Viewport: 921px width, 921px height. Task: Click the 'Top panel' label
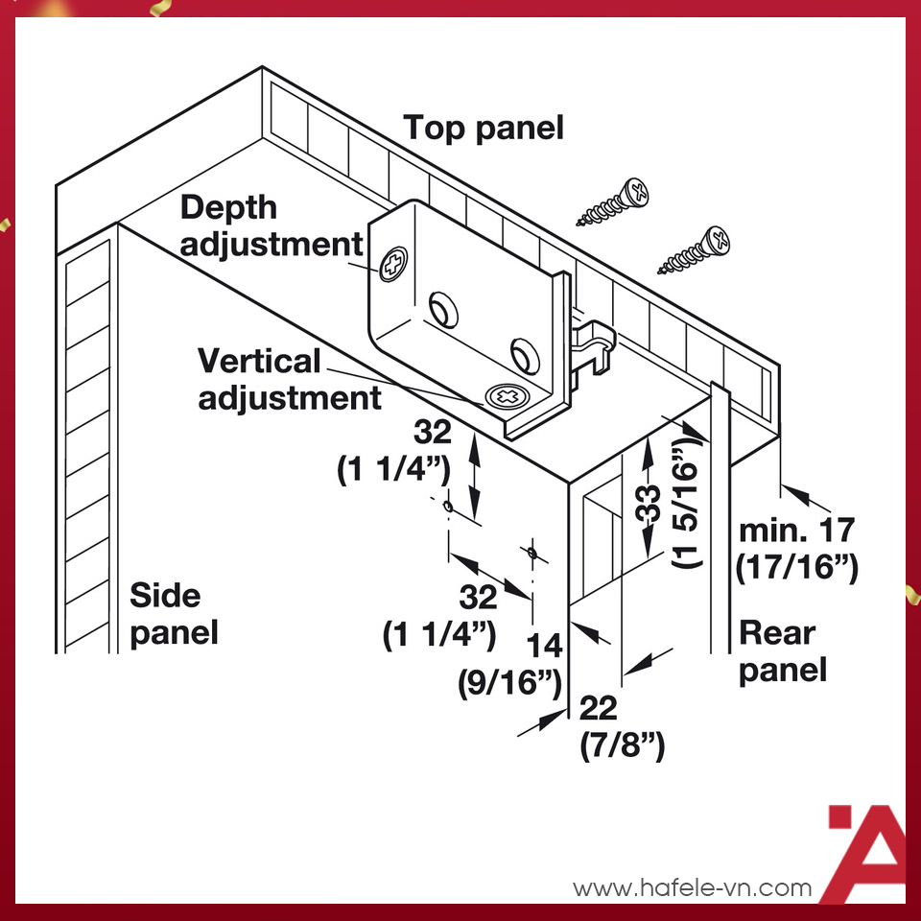483,128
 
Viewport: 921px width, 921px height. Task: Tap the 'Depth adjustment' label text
271,225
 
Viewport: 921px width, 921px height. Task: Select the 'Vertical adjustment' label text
288,379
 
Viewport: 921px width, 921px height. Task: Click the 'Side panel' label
175,614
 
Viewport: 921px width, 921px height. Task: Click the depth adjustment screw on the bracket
393,266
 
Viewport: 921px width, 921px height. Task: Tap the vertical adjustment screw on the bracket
506,395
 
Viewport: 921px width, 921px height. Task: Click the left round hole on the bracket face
443,309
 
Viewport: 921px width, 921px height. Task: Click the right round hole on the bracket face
525,353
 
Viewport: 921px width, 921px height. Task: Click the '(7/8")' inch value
624,744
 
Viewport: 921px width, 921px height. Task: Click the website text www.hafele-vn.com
692,888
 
